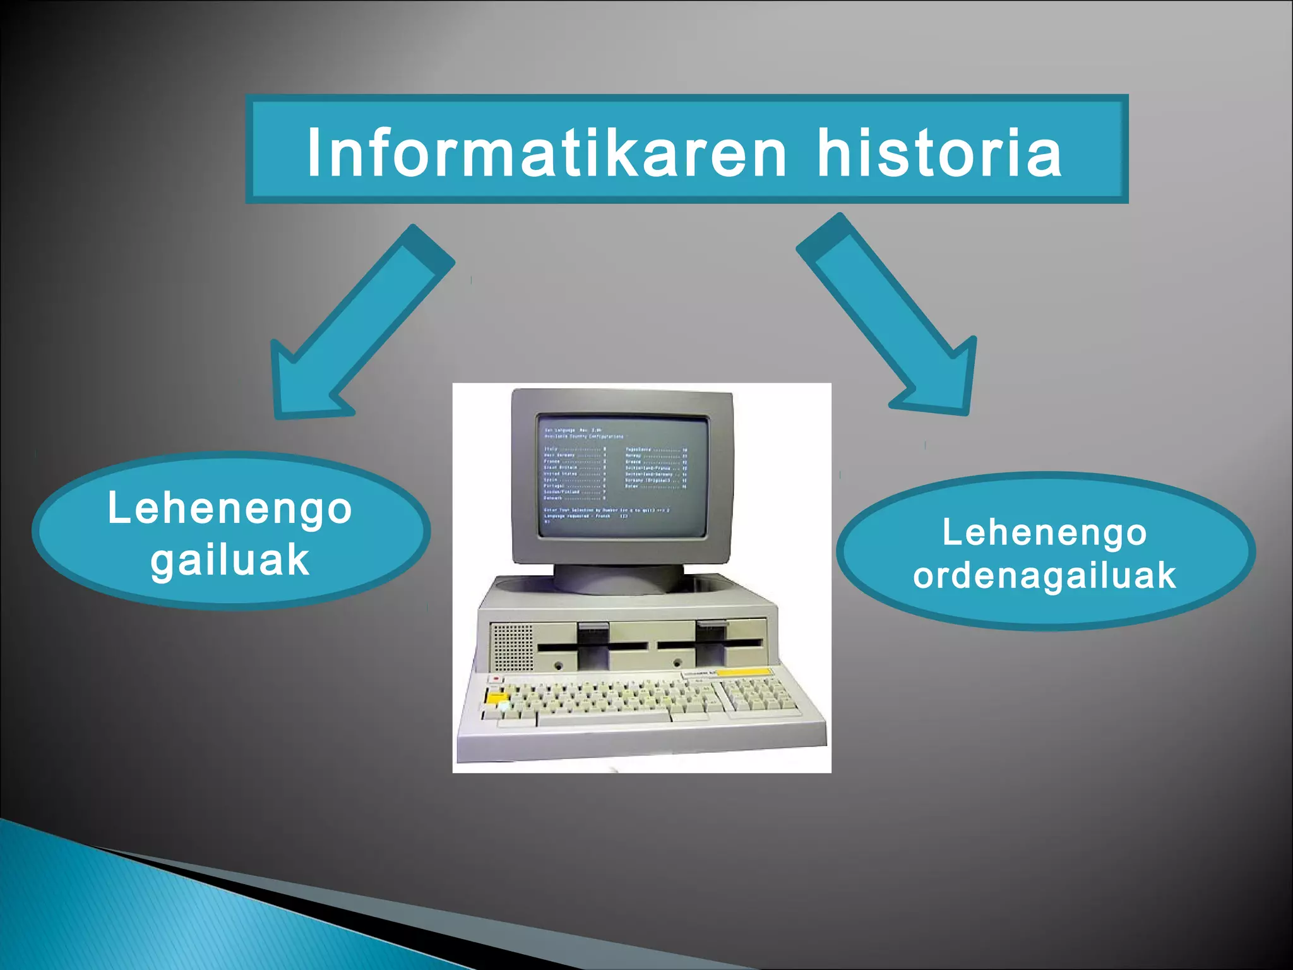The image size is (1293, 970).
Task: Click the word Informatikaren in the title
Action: click(546, 153)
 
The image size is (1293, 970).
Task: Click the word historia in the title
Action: click(939, 153)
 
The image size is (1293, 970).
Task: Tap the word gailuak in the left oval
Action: click(230, 560)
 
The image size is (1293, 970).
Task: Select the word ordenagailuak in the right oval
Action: click(1044, 575)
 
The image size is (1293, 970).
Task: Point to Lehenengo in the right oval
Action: click(1044, 532)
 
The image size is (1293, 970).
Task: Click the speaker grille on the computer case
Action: click(512, 648)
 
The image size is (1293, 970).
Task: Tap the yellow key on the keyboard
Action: click(497, 697)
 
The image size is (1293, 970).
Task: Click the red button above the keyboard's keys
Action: click(496, 679)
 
